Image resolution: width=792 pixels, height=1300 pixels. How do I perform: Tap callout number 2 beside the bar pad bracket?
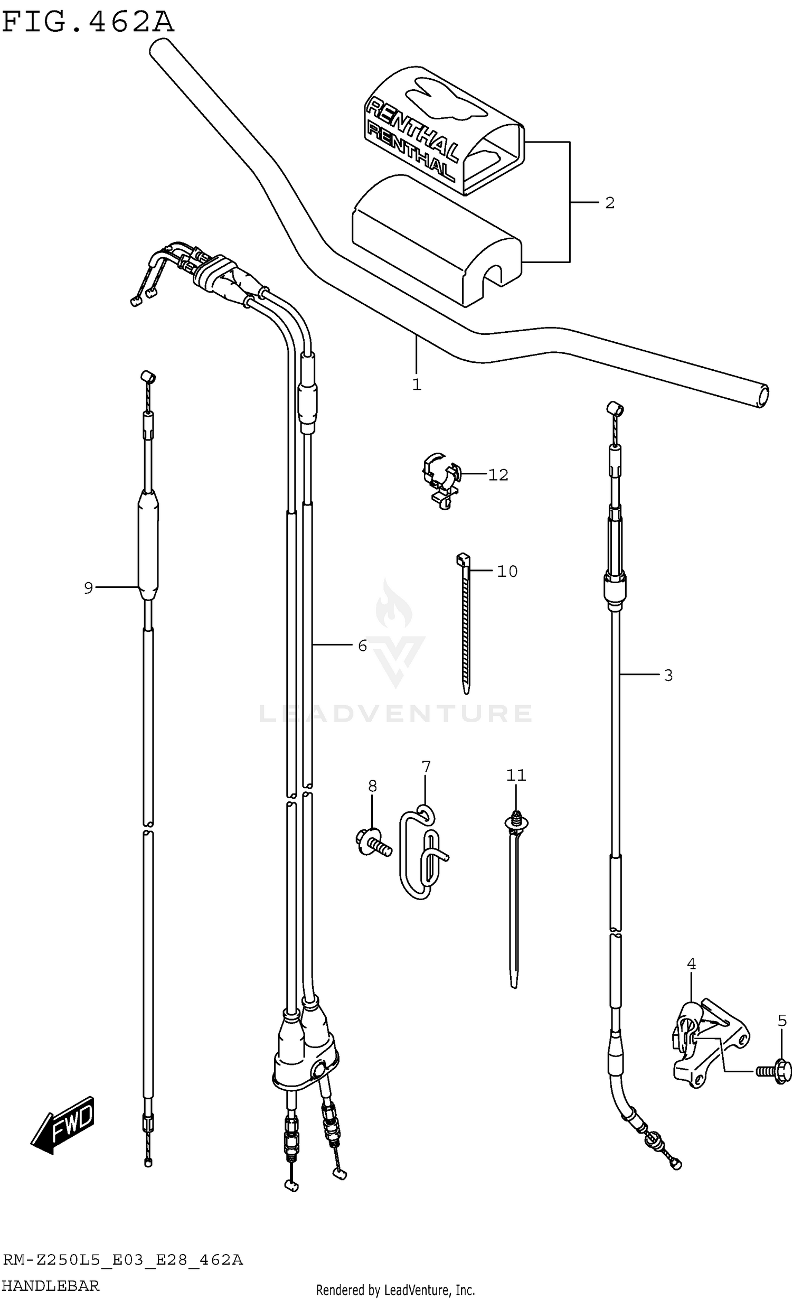(x=610, y=203)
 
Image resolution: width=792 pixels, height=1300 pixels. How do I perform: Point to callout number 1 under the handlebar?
(x=417, y=385)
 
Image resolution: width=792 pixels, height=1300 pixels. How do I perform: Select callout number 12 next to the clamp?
(x=498, y=475)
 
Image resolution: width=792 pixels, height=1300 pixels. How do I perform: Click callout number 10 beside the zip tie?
(x=507, y=571)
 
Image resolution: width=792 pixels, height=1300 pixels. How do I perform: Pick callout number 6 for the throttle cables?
(x=362, y=646)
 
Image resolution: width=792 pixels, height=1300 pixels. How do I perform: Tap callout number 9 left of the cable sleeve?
(x=89, y=587)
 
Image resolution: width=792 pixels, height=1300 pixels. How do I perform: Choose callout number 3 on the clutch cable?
(x=668, y=675)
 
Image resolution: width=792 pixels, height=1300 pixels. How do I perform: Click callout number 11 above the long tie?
(x=516, y=775)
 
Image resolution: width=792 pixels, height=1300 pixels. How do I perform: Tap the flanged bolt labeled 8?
(x=372, y=844)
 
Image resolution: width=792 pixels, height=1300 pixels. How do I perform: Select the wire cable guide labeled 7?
(x=422, y=857)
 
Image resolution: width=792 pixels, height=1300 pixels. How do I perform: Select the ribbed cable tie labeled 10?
(x=465, y=623)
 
